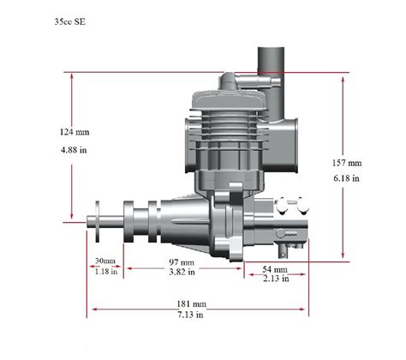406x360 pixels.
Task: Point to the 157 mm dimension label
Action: [x=348, y=162]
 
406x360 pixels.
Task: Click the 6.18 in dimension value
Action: [x=348, y=178]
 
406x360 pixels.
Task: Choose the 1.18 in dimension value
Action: [x=105, y=272]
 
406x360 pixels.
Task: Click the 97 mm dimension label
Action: [x=182, y=261]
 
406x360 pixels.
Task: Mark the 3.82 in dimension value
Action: [x=182, y=273]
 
